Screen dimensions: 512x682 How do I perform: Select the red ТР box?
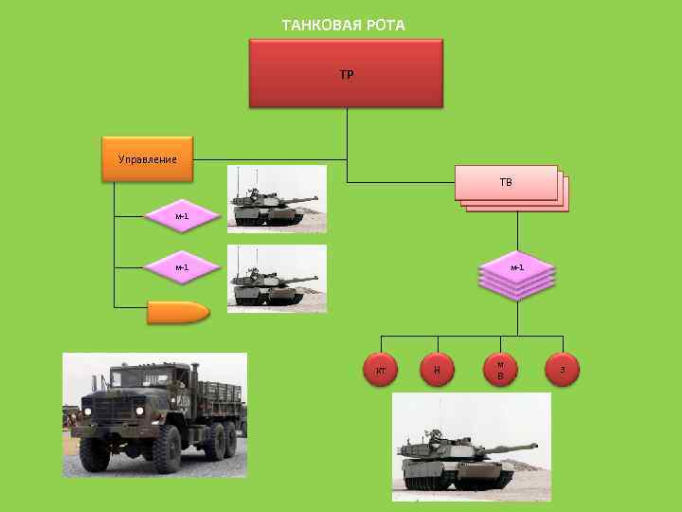(346, 73)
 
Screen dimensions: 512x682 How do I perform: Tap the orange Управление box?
(148, 158)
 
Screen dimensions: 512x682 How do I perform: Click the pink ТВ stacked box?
(507, 182)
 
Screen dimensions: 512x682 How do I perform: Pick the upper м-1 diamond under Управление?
(182, 216)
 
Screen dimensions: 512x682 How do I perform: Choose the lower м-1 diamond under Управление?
(182, 267)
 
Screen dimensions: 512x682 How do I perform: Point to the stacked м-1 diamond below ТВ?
(517, 268)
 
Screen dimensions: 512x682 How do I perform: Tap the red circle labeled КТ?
(381, 370)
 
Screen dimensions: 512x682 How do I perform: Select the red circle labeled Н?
(437, 370)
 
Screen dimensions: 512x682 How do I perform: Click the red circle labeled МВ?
(500, 370)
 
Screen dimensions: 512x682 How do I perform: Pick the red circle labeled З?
(563, 370)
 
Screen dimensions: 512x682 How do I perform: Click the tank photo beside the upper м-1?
(277, 199)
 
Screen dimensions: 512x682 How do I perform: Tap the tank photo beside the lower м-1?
(277, 279)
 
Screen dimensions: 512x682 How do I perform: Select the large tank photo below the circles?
(471, 448)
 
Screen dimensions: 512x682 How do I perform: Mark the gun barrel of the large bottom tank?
(511, 444)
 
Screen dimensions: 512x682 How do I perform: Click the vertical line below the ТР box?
(347, 133)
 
